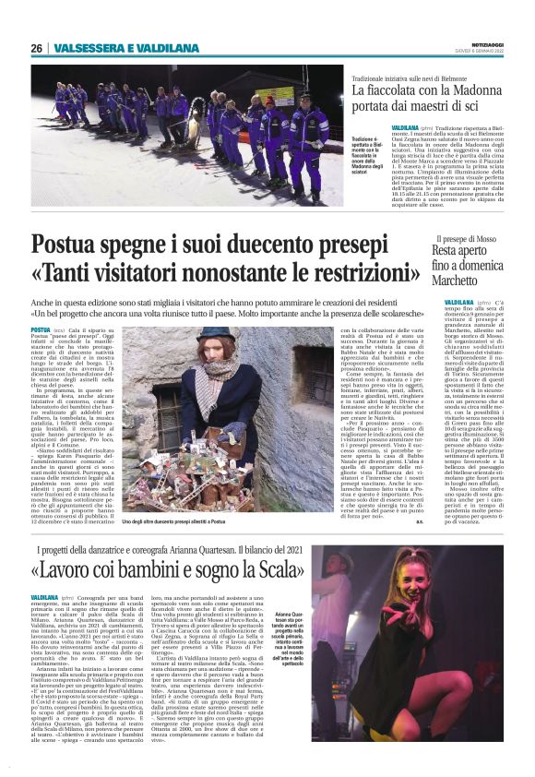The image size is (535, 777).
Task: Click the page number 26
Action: (36, 48)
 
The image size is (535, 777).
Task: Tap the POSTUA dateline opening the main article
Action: (41, 329)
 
